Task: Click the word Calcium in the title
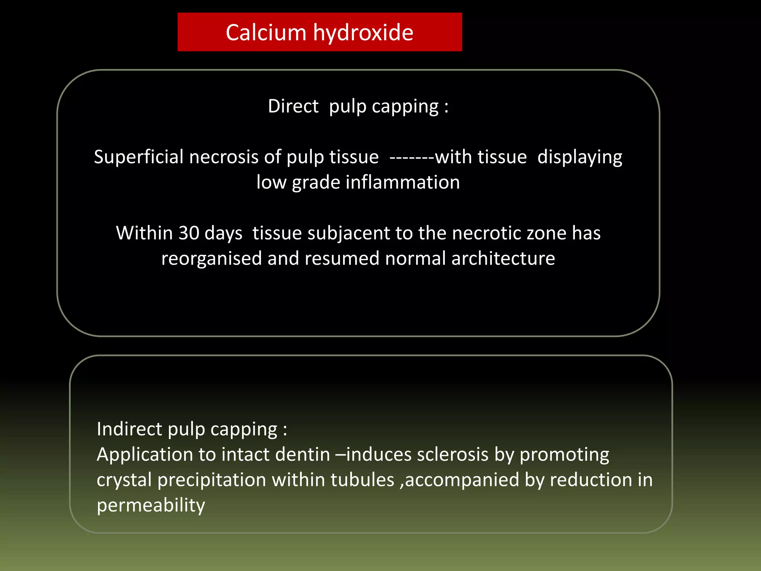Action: (x=266, y=32)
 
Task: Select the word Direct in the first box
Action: (x=293, y=106)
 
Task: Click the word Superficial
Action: (x=139, y=157)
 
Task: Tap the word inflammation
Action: (x=403, y=183)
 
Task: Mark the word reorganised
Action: (x=211, y=259)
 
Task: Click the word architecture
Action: (x=503, y=258)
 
